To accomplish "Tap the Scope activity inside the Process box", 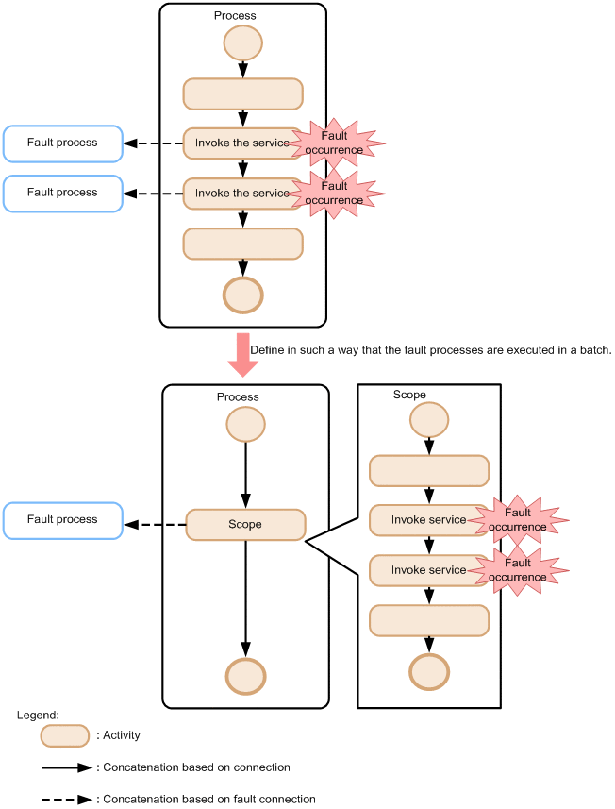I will point(245,524).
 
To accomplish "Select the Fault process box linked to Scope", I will point(62,520).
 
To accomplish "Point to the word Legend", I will point(38,716).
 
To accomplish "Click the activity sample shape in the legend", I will point(64,735).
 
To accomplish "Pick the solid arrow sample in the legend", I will point(67,768).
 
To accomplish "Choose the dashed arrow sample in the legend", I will point(67,800).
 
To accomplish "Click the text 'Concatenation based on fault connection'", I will point(209,800).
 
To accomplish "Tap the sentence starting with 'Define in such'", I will point(431,350).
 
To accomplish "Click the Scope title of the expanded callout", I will point(409,395).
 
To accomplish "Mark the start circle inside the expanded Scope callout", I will point(429,419).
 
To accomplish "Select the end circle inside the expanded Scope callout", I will point(429,671).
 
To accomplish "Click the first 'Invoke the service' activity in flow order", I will point(242,143).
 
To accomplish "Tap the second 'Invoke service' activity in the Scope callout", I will point(428,570).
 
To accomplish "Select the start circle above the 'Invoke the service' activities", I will point(243,42).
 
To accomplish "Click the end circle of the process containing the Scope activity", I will point(245,676).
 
